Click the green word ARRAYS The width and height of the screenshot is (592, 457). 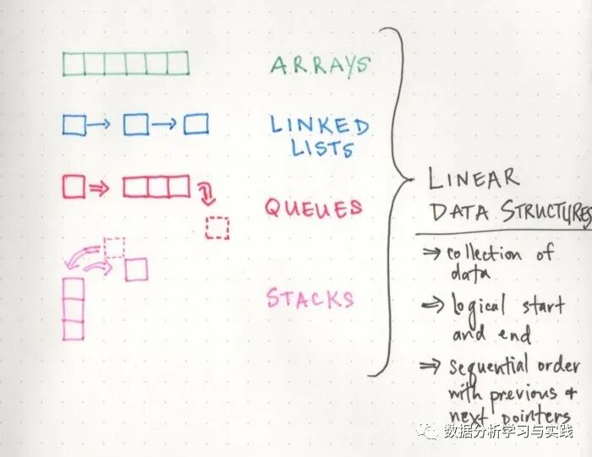pos(320,65)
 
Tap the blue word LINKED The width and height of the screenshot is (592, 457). pos(319,126)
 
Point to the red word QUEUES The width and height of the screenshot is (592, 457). pos(313,208)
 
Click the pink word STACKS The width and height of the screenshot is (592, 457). pos(310,297)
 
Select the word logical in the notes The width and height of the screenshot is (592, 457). pos(476,305)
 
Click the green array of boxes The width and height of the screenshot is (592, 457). pos(125,64)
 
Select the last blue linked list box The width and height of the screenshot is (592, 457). pos(196,125)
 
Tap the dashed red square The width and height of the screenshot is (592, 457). pos(217,228)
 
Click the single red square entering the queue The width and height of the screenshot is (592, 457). pos(74,187)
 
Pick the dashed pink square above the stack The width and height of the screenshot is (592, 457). pos(114,247)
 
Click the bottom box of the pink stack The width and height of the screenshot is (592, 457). pos(74,330)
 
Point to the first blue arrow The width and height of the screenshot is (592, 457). pos(99,125)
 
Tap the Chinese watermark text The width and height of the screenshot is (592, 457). pos(513,433)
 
